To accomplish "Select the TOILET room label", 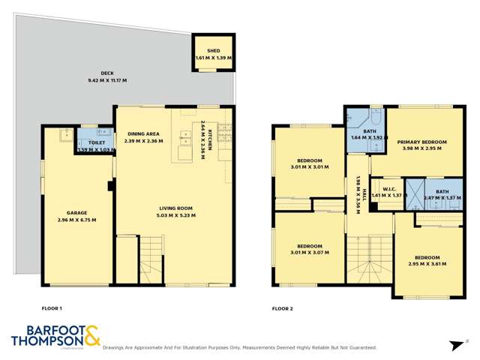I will (96, 142).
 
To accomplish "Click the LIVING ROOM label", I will (176, 208).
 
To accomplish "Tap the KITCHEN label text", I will (211, 139).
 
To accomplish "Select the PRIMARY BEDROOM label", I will (422, 141).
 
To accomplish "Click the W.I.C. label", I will (389, 188).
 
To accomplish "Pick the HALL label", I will (364, 196).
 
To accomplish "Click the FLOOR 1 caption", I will (52, 308).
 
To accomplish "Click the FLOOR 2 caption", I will (282, 308).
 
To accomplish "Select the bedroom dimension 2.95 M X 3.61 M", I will (427, 264).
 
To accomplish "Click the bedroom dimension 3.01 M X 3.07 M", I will (309, 253).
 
